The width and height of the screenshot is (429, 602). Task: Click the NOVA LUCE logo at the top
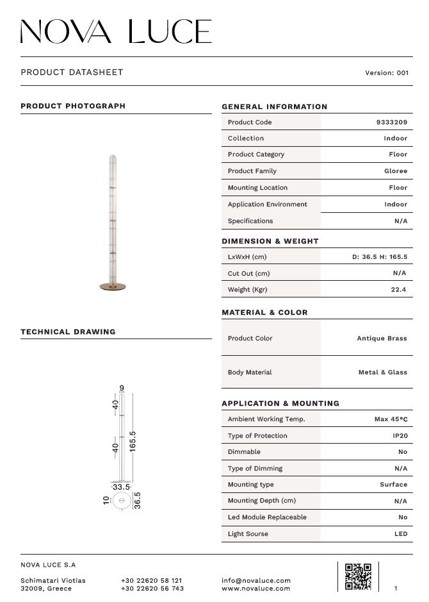[x=116, y=31]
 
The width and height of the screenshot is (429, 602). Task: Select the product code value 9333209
[x=392, y=122]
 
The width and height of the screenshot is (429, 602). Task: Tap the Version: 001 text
[x=387, y=72]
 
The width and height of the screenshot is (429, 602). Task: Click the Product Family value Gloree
[x=395, y=171]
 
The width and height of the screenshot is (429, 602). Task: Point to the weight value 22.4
[x=399, y=290]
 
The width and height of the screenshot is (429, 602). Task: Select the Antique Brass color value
[x=382, y=339]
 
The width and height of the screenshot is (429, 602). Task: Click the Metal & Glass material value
[x=382, y=372]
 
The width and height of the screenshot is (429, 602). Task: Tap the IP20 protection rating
[x=400, y=436]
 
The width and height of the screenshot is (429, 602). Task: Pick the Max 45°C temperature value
[x=391, y=419]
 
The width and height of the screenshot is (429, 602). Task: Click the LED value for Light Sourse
[x=401, y=534]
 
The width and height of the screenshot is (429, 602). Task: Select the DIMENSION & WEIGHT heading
[x=270, y=242]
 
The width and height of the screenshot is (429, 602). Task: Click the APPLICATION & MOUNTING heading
[x=280, y=404]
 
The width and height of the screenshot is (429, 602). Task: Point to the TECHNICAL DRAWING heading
[x=68, y=332]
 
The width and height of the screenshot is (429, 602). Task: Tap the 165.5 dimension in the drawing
[x=133, y=442]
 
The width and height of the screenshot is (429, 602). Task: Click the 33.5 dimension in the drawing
[x=121, y=487]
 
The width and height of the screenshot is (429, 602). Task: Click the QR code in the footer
[x=358, y=576]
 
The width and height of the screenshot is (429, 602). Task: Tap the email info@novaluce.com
[x=256, y=580]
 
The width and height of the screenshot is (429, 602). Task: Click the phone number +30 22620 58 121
[x=151, y=580]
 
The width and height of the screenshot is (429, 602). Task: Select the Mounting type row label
[x=251, y=485]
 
